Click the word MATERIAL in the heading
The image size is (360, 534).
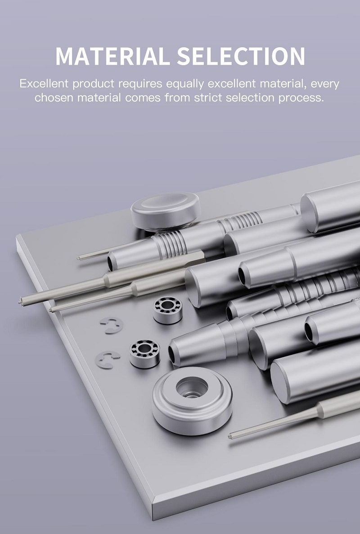point(112,56)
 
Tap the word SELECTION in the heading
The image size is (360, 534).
point(241,56)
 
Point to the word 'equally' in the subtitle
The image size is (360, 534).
point(185,84)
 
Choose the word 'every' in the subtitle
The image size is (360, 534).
point(325,84)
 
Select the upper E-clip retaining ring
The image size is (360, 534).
point(111,325)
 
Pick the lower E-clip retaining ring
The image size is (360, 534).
point(108,360)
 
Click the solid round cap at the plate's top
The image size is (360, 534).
point(166,211)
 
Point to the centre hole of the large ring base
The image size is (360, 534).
point(192,388)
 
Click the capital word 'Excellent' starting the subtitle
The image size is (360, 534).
point(44,83)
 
